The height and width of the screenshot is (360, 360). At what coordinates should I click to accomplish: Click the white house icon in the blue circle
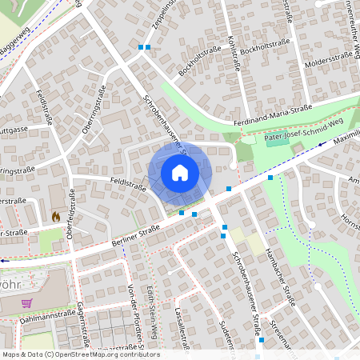pyautogui.click(x=180, y=173)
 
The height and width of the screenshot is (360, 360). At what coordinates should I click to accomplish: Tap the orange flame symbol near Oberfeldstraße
pyautogui.click(x=56, y=216)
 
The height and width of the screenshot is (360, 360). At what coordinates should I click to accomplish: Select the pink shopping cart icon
pyautogui.click(x=27, y=303)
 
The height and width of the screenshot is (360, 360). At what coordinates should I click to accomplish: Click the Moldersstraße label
pyautogui.click(x=327, y=57)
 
